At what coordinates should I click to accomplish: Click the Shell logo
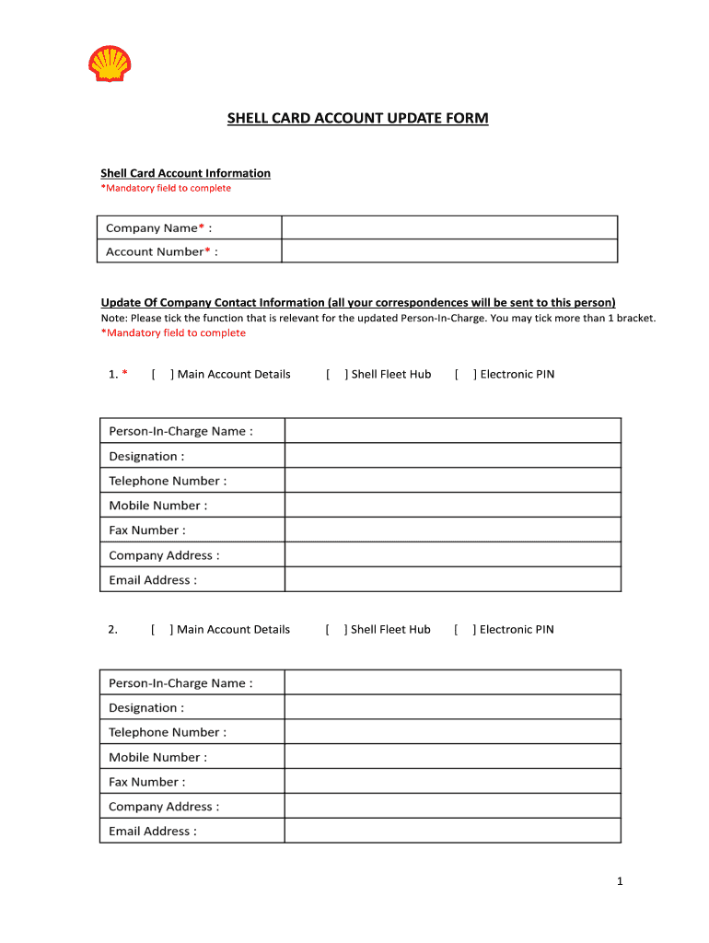pos(110,64)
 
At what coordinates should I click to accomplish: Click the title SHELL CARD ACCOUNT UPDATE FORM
pos(358,118)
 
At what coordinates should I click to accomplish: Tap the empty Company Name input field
pos(448,227)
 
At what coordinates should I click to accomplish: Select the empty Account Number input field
pos(448,251)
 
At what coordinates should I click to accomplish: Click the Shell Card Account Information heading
pos(185,173)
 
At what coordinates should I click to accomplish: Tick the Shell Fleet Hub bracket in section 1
pos(336,374)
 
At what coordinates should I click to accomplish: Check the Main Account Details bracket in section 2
pos(161,629)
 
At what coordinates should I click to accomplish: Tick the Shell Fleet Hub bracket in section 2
pos(335,629)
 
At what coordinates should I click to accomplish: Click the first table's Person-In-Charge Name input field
pos(452,431)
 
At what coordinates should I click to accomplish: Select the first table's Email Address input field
pos(452,579)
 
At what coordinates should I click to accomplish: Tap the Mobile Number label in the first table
pos(157,506)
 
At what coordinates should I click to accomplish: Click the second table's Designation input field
pos(452,707)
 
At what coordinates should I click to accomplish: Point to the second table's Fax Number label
pos(146,782)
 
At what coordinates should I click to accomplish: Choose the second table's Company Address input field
pos(452,806)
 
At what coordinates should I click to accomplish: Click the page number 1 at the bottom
pos(620,882)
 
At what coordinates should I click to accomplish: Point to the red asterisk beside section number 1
pos(124,374)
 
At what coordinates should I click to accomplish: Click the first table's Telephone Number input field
pos(452,481)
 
